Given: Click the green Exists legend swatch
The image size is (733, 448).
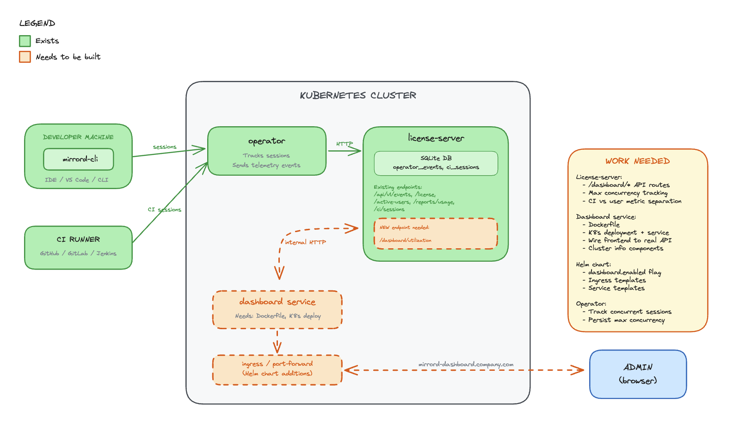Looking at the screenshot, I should [x=25, y=41].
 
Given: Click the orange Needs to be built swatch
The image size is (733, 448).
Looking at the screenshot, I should [x=25, y=57].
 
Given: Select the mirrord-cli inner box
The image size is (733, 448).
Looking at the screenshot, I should [x=79, y=159].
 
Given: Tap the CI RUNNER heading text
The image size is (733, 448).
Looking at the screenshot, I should [x=78, y=239].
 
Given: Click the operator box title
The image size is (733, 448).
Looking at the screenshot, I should [x=266, y=141].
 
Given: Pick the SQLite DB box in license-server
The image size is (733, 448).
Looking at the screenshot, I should [x=436, y=163].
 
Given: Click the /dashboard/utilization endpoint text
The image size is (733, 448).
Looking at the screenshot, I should [x=406, y=240].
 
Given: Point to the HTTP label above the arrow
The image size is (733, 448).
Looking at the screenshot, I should [x=344, y=144].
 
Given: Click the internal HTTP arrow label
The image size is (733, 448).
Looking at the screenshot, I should [x=305, y=242].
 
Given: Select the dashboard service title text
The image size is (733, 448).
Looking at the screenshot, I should [x=277, y=302].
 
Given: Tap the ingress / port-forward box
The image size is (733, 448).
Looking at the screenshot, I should [x=277, y=369].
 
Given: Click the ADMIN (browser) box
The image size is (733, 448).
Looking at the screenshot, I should [x=638, y=374].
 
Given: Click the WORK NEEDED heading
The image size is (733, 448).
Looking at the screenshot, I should [x=637, y=161].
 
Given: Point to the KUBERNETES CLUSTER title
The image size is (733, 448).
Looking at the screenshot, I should [x=358, y=96].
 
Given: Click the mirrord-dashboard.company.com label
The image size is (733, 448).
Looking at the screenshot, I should [x=466, y=364].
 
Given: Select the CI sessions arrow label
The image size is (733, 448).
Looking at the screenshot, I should [x=164, y=209].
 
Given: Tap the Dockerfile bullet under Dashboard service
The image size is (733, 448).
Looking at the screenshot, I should [x=604, y=225].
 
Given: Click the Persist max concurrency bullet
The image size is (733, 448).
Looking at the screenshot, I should [x=626, y=320].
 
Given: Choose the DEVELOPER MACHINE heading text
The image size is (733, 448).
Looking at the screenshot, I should [x=78, y=137].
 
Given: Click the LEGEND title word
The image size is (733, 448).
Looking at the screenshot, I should [x=37, y=24].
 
